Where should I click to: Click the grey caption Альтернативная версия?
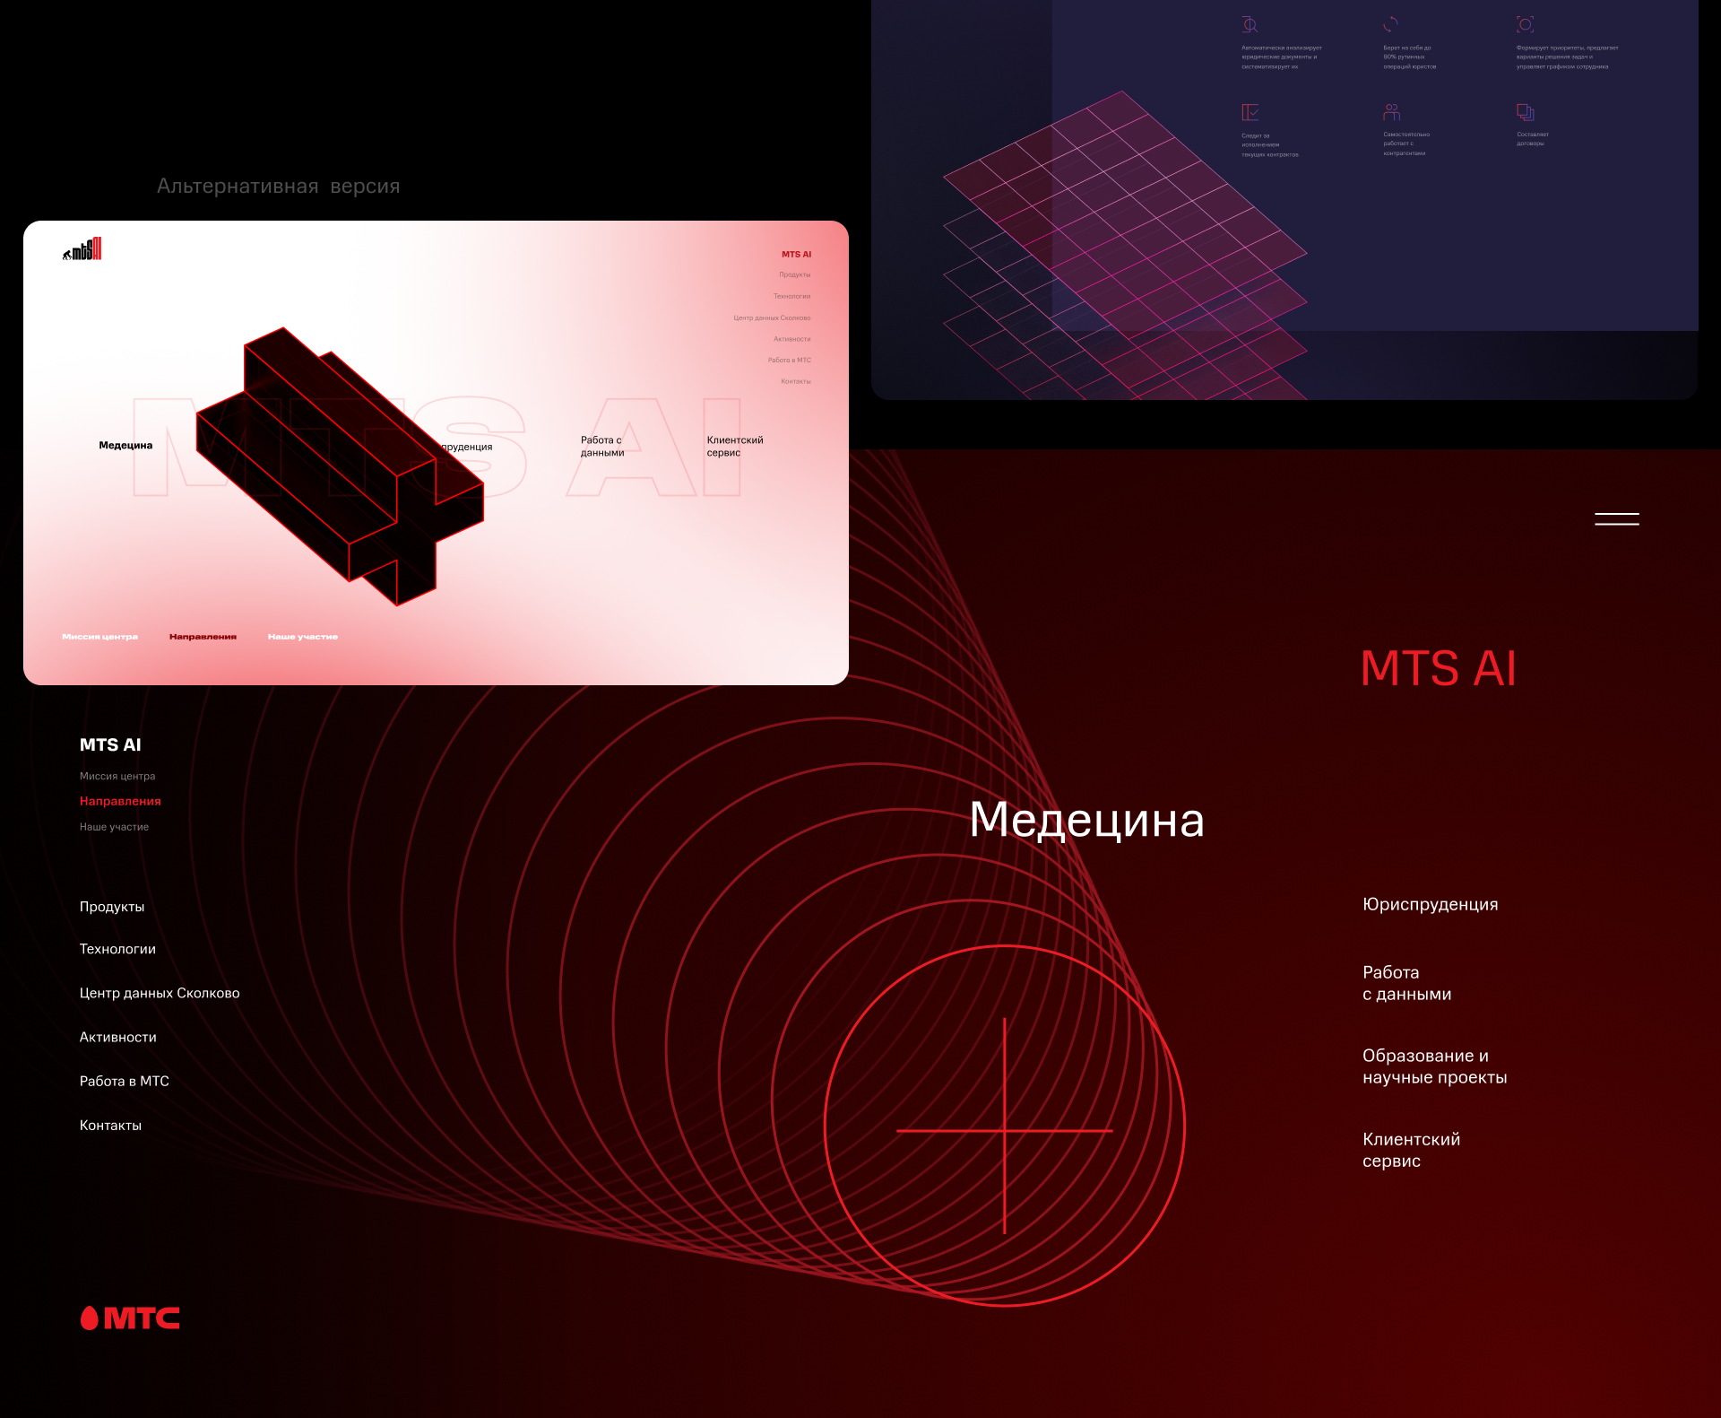tap(278, 187)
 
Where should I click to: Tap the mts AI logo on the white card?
tap(82, 250)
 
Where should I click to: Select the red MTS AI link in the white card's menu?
tap(796, 255)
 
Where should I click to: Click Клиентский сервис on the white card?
tap(734, 447)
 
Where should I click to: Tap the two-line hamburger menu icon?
tap(1616, 519)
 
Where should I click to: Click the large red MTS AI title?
tap(1438, 669)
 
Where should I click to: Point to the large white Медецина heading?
tap(1086, 820)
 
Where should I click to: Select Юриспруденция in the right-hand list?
tap(1430, 905)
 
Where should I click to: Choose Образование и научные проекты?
tap(1434, 1066)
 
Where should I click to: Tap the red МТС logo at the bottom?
tap(130, 1318)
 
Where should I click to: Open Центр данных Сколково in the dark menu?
tap(160, 994)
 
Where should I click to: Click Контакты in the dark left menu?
tap(110, 1126)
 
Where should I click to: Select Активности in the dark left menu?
tap(117, 1038)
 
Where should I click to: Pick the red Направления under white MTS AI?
tap(120, 802)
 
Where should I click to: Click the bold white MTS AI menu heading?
tap(110, 745)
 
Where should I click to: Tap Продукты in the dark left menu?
tap(112, 908)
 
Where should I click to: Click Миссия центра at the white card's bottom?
tap(99, 637)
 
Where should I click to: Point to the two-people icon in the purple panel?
tap(1391, 112)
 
